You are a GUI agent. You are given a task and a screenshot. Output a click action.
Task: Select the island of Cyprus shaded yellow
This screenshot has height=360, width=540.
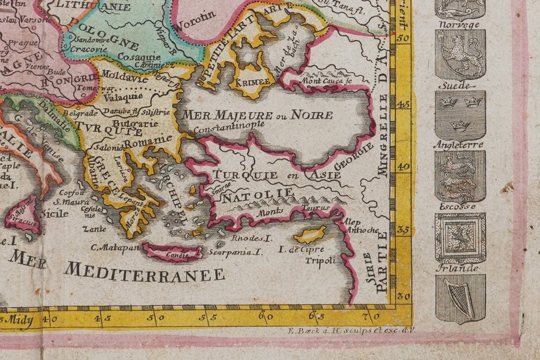[x=311, y=233]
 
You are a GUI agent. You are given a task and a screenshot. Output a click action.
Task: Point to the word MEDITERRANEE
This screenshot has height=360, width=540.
[x=145, y=272]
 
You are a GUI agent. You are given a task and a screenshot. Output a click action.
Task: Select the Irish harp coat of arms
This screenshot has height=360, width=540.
[x=460, y=298]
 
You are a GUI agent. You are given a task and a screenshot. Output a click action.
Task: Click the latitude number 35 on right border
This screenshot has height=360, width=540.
[x=403, y=231]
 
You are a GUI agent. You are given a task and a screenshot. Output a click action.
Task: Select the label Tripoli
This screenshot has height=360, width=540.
[x=320, y=260]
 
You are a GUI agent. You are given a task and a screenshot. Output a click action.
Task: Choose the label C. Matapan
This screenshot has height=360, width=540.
[x=114, y=248]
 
